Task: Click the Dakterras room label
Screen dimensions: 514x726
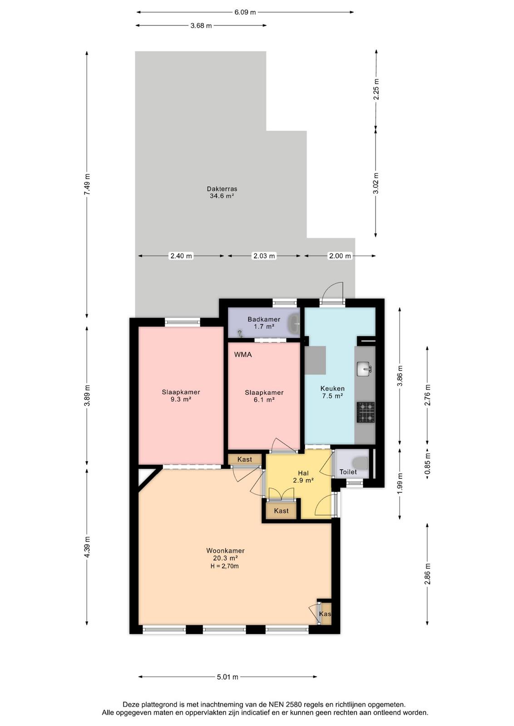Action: pyautogui.click(x=222, y=192)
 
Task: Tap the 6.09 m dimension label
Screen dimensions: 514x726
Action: pyautogui.click(x=245, y=12)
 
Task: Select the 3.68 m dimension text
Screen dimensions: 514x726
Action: pyautogui.click(x=201, y=25)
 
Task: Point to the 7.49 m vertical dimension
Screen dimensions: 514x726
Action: pyautogui.click(x=87, y=184)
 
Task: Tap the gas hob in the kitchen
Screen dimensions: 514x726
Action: pyautogui.click(x=366, y=412)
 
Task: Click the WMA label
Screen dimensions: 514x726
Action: pyautogui.click(x=243, y=354)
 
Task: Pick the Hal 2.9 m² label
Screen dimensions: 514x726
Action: pyautogui.click(x=303, y=477)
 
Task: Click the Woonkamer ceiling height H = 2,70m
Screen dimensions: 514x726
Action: pyautogui.click(x=225, y=566)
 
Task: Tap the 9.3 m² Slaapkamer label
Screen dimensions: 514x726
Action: pyautogui.click(x=181, y=396)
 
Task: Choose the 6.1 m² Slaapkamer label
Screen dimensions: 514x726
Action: pyautogui.click(x=264, y=396)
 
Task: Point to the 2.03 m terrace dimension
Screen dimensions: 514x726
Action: pyautogui.click(x=264, y=256)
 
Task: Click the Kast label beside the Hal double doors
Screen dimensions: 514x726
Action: pyautogui.click(x=281, y=511)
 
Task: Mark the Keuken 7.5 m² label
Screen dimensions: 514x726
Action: pyautogui.click(x=332, y=392)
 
